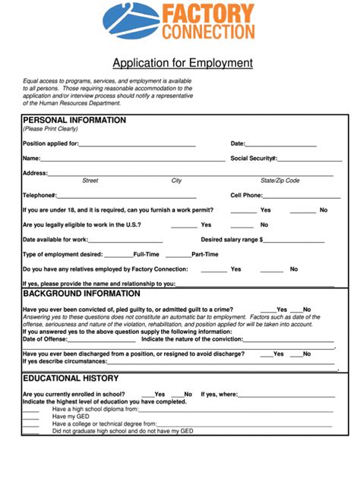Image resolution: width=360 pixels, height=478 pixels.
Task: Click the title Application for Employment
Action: (182, 63)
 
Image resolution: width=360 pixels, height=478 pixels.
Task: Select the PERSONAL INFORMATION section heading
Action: (74, 121)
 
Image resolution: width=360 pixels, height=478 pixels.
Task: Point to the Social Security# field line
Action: (309, 159)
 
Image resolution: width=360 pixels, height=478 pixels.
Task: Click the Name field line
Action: (133, 159)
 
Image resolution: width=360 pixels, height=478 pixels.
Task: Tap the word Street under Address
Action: (90, 181)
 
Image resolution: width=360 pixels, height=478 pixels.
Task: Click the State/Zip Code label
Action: (280, 181)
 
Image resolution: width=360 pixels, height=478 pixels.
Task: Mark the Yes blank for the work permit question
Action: (243, 210)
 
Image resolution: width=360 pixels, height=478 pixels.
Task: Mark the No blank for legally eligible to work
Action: (242, 225)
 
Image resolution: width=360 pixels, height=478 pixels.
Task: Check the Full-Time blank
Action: (118, 255)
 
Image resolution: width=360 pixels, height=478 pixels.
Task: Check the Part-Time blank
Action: (178, 255)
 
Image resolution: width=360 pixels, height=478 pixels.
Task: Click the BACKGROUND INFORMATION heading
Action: (81, 294)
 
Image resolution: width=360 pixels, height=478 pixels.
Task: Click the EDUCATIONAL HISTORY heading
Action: (71, 378)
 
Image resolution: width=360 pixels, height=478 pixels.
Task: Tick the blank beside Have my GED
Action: (30, 417)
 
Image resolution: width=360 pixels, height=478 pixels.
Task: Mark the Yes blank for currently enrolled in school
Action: (147, 395)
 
